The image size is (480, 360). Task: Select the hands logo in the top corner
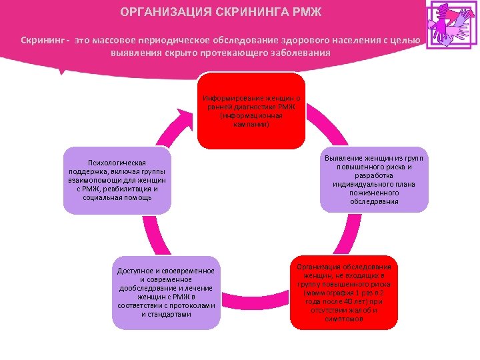click(452, 25)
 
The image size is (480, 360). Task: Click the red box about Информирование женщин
click(251, 111)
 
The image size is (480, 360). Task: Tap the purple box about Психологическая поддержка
click(117, 181)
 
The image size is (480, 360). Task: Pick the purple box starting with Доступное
click(166, 292)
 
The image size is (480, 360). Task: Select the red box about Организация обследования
click(343, 292)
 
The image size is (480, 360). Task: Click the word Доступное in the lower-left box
click(137, 271)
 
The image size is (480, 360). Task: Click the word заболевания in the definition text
click(299, 53)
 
